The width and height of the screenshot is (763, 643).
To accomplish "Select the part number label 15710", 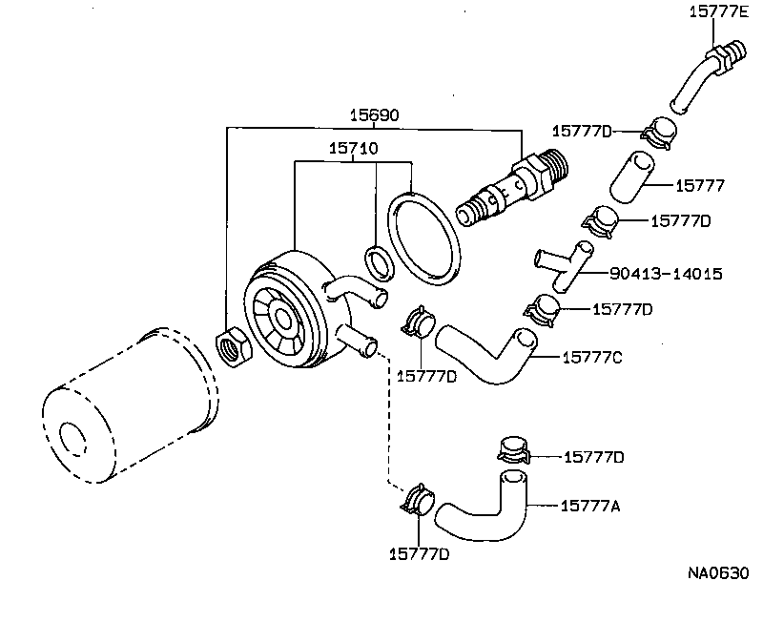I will [353, 150].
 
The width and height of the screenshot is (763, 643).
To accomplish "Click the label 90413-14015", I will [665, 274].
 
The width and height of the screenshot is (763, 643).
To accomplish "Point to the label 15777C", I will [591, 358].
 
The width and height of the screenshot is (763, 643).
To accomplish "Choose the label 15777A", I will [590, 506].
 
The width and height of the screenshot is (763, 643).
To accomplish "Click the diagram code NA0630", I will [718, 573].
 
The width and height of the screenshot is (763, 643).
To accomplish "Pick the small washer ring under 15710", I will [378, 259].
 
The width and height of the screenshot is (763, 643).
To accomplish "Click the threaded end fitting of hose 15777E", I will [724, 54].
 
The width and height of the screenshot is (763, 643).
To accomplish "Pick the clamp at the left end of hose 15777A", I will [418, 502].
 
